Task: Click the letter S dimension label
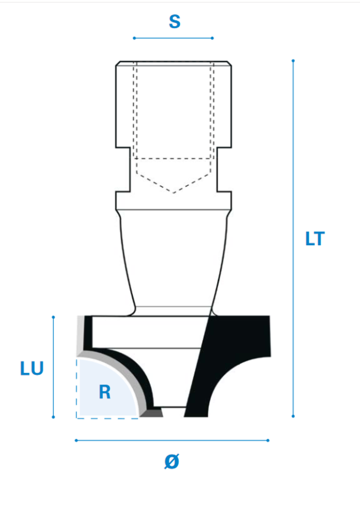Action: click(x=174, y=22)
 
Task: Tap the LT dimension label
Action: click(x=315, y=239)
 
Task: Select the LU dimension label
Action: click(x=32, y=368)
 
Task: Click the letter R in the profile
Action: click(x=104, y=392)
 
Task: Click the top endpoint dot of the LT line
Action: click(x=293, y=61)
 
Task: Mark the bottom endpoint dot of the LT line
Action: click(x=293, y=416)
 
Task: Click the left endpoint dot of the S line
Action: click(x=134, y=38)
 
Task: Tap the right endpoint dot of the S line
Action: click(x=212, y=38)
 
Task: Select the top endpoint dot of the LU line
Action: click(x=53, y=317)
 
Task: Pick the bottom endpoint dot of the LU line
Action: click(x=53, y=416)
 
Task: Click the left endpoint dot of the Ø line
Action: click(x=76, y=440)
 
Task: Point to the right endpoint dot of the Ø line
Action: click(x=268, y=440)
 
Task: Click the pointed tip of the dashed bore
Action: click(x=174, y=193)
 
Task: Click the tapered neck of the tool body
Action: click(x=173, y=256)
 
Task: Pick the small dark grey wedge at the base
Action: click(x=153, y=413)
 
